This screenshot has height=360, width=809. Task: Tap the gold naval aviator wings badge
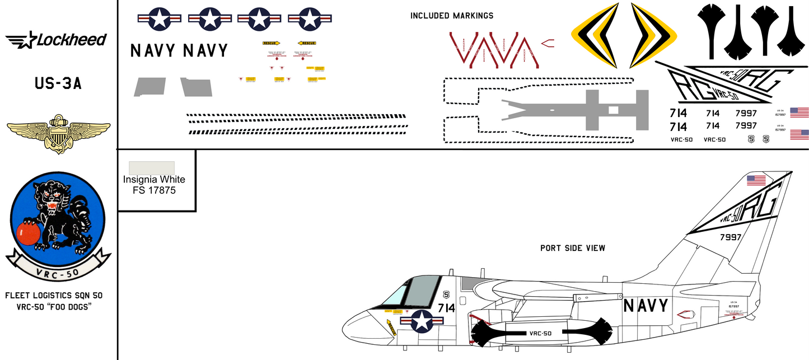(58, 133)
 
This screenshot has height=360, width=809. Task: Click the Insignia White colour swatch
(152, 167)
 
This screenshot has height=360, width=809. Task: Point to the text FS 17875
(154, 190)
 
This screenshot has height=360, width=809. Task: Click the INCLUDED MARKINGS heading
(452, 16)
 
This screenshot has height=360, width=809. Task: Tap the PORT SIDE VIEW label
(572, 248)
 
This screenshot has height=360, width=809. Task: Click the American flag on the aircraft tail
(756, 180)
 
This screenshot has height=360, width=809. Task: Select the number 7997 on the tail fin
(729, 237)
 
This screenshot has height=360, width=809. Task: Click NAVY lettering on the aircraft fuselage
(646, 306)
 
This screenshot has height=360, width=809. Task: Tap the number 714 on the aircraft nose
(446, 308)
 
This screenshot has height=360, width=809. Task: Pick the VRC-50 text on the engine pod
(540, 333)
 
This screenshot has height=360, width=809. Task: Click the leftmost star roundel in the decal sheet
(159, 19)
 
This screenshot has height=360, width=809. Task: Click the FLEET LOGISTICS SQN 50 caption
(54, 295)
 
